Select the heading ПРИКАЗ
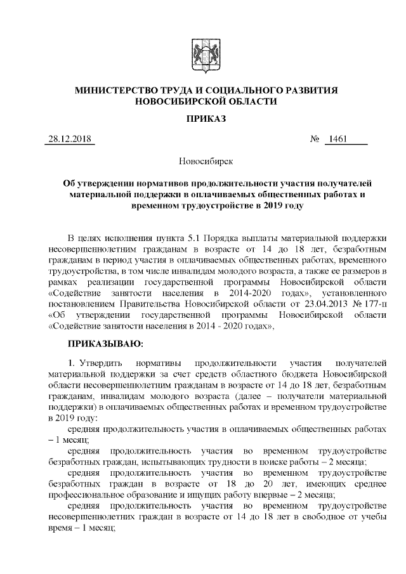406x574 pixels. tap(203, 119)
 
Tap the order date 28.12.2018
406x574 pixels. tap(69, 139)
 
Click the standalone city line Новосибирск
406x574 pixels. tap(203, 162)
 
